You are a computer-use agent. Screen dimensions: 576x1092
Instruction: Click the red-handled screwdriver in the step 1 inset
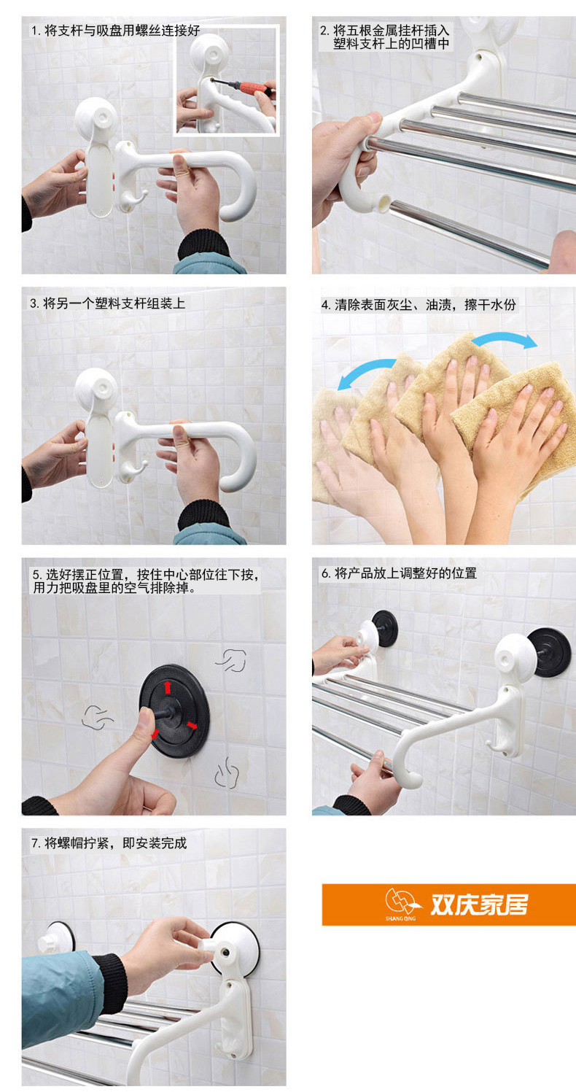[x=243, y=87]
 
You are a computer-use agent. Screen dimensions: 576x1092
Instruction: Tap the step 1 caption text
[x=115, y=30]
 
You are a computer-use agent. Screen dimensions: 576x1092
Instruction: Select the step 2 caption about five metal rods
[x=385, y=37]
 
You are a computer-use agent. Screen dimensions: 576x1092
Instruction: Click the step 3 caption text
[x=107, y=303]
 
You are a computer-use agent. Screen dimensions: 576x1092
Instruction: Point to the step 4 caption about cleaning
[x=418, y=305]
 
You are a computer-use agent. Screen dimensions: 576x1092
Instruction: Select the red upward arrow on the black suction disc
[x=167, y=687]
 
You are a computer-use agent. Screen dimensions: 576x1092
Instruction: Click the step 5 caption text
[x=145, y=581]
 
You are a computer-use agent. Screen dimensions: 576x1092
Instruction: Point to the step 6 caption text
[x=399, y=573]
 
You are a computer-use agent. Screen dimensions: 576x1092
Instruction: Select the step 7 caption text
[x=109, y=843]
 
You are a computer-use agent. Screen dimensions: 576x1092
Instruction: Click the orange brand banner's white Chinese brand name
[x=479, y=905]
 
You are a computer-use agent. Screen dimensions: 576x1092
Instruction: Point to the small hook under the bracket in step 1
[x=133, y=199]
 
